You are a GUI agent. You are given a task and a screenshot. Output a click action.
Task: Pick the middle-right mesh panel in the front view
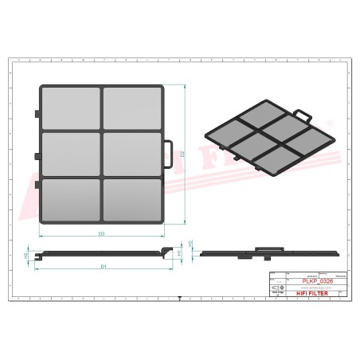pyautogui.click(x=132, y=153)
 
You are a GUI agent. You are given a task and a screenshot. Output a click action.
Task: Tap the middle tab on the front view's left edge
pyautogui.click(x=37, y=154)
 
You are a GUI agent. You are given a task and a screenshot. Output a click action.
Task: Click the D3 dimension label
pyautogui.click(x=102, y=233)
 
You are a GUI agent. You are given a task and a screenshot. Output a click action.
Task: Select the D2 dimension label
pyautogui.click(x=182, y=153)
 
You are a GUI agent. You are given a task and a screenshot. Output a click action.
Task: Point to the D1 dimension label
pyautogui.click(x=104, y=265)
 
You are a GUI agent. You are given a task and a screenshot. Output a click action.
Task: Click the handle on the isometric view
pyautogui.click(x=300, y=115)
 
